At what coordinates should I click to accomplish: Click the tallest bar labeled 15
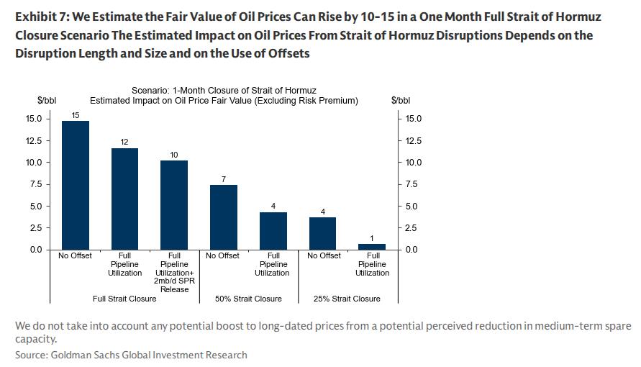point(76,185)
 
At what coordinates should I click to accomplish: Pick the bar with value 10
point(174,205)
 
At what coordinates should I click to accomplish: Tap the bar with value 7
point(224,217)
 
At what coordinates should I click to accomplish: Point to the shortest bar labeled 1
point(372,247)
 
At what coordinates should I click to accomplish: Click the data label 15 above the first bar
point(76,115)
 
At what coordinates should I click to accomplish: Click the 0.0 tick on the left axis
point(35,250)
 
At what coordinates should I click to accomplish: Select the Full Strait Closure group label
point(125,299)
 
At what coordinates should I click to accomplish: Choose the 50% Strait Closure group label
point(248,299)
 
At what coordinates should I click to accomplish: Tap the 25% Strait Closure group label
point(347,299)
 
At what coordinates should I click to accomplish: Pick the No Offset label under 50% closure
point(223,255)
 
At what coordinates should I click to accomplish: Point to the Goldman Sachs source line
point(131,355)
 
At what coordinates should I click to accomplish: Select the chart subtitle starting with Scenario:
point(224,91)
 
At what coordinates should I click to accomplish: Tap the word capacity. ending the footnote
point(35,339)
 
